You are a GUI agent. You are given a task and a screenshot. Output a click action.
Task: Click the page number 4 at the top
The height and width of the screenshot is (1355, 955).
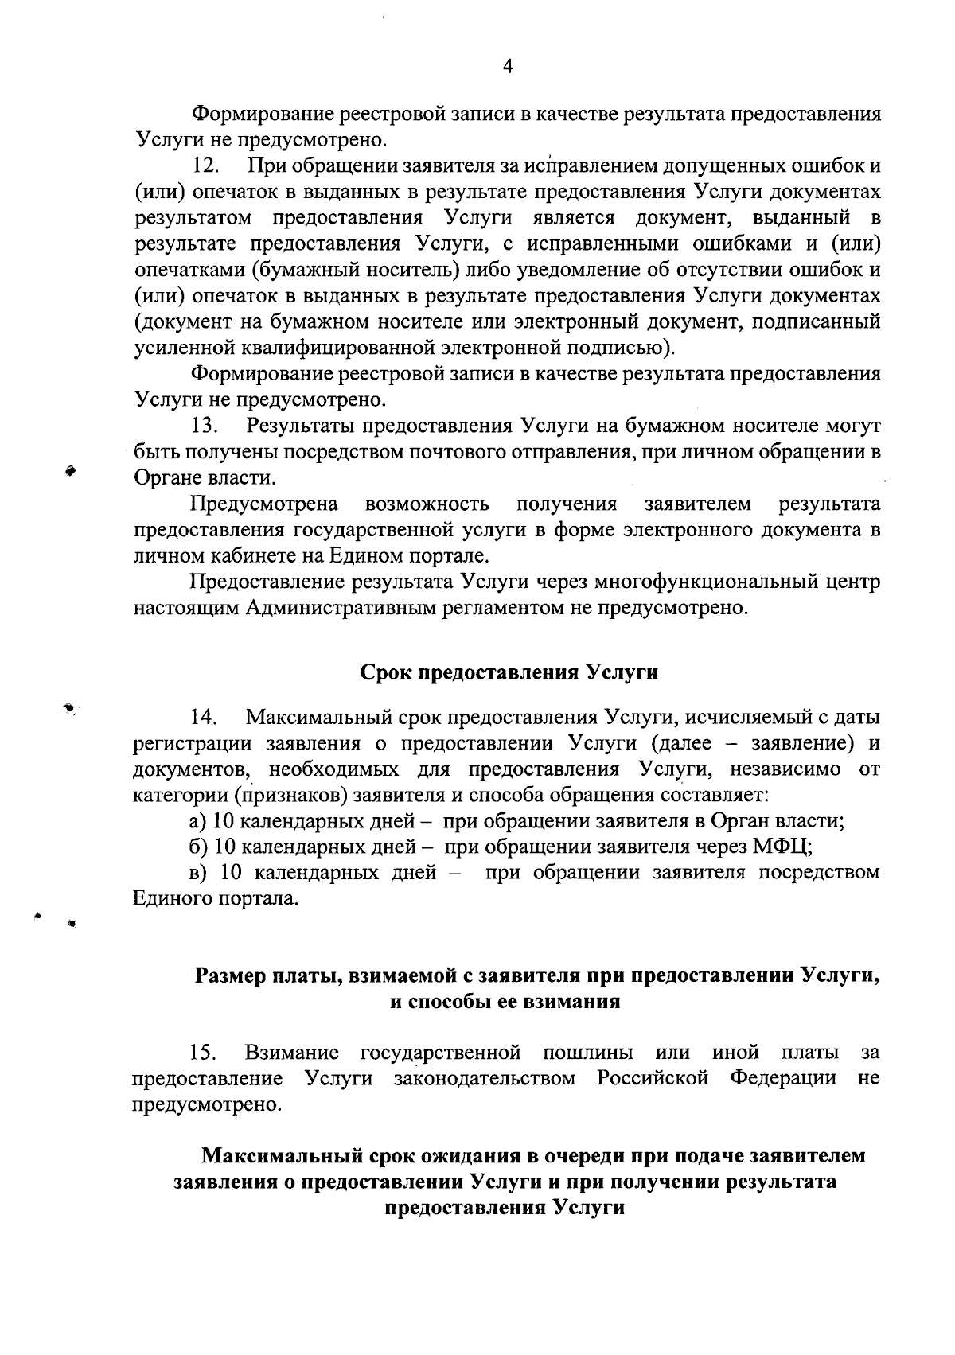pyautogui.click(x=509, y=67)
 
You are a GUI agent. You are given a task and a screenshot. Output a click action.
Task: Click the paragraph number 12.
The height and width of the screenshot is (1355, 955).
pyautogui.click(x=205, y=167)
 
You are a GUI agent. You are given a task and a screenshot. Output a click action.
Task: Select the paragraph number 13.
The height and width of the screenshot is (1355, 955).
pyautogui.click(x=205, y=426)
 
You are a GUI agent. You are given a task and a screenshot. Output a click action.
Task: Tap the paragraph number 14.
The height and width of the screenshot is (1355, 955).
pyautogui.click(x=205, y=718)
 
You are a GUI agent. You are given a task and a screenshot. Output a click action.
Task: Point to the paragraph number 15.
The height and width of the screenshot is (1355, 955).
pyautogui.click(x=205, y=1053)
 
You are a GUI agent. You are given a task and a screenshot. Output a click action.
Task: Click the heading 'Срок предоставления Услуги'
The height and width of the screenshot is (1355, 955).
pyautogui.click(x=509, y=672)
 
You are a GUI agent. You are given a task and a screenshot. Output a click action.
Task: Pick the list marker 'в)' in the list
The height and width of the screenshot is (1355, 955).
pyautogui.click(x=199, y=873)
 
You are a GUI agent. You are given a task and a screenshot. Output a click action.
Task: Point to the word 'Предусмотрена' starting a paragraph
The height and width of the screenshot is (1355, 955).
pyautogui.click(x=264, y=504)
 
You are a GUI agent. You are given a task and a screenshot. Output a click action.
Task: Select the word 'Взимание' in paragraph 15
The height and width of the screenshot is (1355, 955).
pyautogui.click(x=292, y=1053)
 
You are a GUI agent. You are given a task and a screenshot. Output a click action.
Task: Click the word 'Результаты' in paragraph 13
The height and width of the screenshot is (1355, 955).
pyautogui.click(x=300, y=426)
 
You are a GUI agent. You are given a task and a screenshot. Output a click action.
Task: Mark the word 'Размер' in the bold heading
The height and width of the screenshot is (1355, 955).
pyautogui.click(x=230, y=975)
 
